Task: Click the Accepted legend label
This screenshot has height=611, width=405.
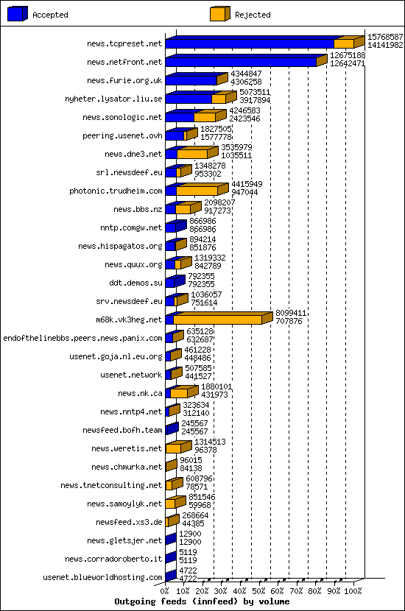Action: [50, 15]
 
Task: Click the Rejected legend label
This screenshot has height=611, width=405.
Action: [253, 15]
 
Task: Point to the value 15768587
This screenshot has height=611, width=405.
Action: [385, 37]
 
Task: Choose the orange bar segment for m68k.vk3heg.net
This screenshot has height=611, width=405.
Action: [217, 319]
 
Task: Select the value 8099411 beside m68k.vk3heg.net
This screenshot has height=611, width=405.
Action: [291, 313]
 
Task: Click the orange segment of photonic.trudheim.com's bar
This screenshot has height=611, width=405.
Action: [197, 191]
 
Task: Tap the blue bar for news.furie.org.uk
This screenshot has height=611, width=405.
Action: [191, 80]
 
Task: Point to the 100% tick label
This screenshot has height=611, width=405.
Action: [353, 590]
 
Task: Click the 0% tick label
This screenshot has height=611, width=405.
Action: [165, 590]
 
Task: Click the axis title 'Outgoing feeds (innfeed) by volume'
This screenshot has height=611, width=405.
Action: [202, 601]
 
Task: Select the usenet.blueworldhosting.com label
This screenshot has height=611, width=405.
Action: [102, 577]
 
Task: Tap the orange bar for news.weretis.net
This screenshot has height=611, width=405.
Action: [173, 448]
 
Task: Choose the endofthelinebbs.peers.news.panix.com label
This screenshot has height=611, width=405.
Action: [82, 338]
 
